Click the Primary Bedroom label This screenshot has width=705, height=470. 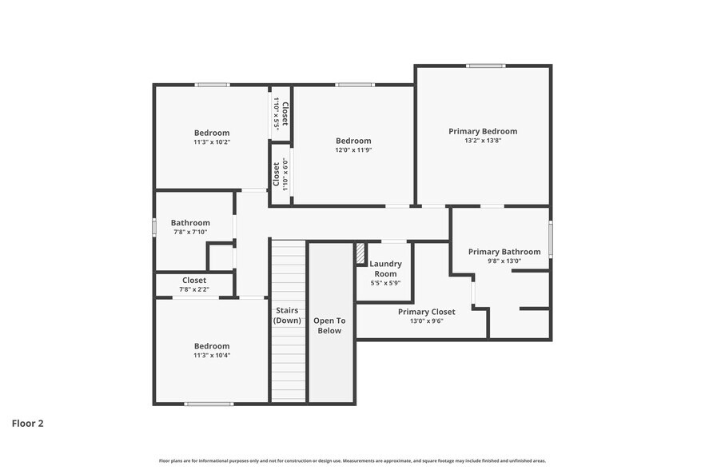[482, 131]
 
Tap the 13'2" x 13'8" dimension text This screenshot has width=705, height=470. [482, 141]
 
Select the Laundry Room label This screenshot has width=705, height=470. [385, 269]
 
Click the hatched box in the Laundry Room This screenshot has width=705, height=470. [360, 253]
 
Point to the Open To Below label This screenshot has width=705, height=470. [330, 325]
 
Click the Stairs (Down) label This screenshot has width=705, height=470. [287, 315]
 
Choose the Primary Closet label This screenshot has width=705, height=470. [426, 312]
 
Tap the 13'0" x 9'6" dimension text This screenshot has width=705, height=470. [426, 321]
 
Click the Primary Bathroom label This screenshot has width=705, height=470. [504, 252]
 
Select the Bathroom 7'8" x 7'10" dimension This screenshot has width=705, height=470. [190, 233]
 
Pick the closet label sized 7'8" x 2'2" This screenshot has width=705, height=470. [194, 281]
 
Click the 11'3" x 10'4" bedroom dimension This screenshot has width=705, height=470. [211, 356]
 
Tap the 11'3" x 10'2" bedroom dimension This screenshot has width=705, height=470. [211, 142]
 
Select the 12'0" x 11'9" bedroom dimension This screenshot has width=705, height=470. [352, 149]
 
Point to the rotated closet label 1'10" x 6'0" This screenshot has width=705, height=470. [280, 173]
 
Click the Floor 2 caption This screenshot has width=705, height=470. [27, 423]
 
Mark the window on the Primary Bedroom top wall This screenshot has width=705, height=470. [485, 66]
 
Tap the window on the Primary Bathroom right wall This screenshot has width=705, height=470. [551, 239]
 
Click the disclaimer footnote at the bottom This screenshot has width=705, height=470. [352, 460]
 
